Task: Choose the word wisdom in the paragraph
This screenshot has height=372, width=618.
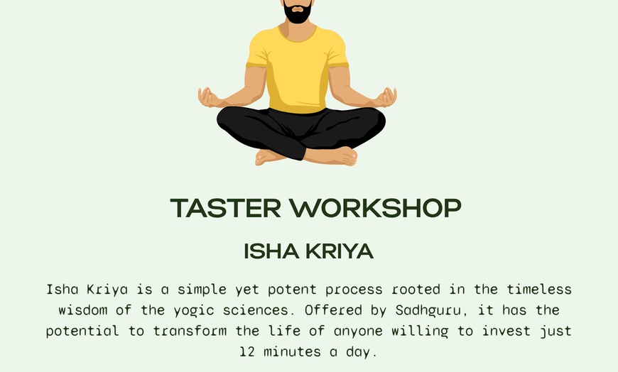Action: coord(80,310)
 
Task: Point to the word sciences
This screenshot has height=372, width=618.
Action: coord(271,310)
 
